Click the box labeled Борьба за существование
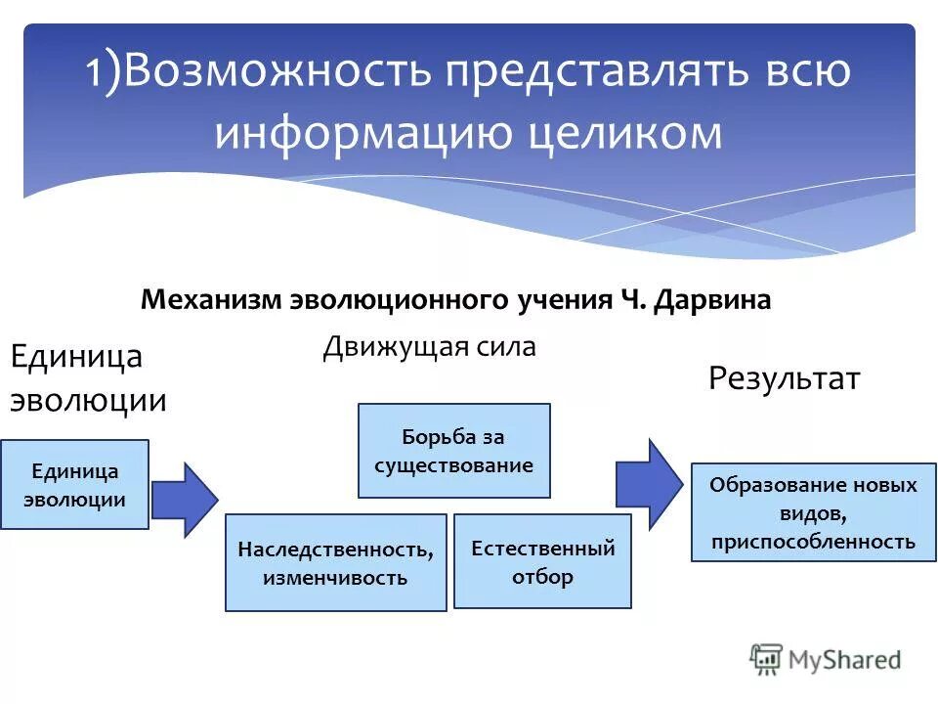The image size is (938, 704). [454, 451]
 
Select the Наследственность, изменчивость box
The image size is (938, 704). [335, 563]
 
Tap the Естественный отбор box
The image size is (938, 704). [542, 561]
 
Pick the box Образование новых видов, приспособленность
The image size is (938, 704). [813, 512]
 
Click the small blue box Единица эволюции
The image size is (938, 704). [74, 485]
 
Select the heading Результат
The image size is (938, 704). [784, 378]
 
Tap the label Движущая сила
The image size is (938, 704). [429, 347]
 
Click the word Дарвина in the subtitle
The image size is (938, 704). [719, 299]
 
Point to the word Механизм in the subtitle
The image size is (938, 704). [211, 299]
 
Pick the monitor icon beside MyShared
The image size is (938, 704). [767, 659]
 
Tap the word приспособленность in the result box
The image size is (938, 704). [813, 541]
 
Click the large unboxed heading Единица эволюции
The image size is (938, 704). [88, 378]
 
